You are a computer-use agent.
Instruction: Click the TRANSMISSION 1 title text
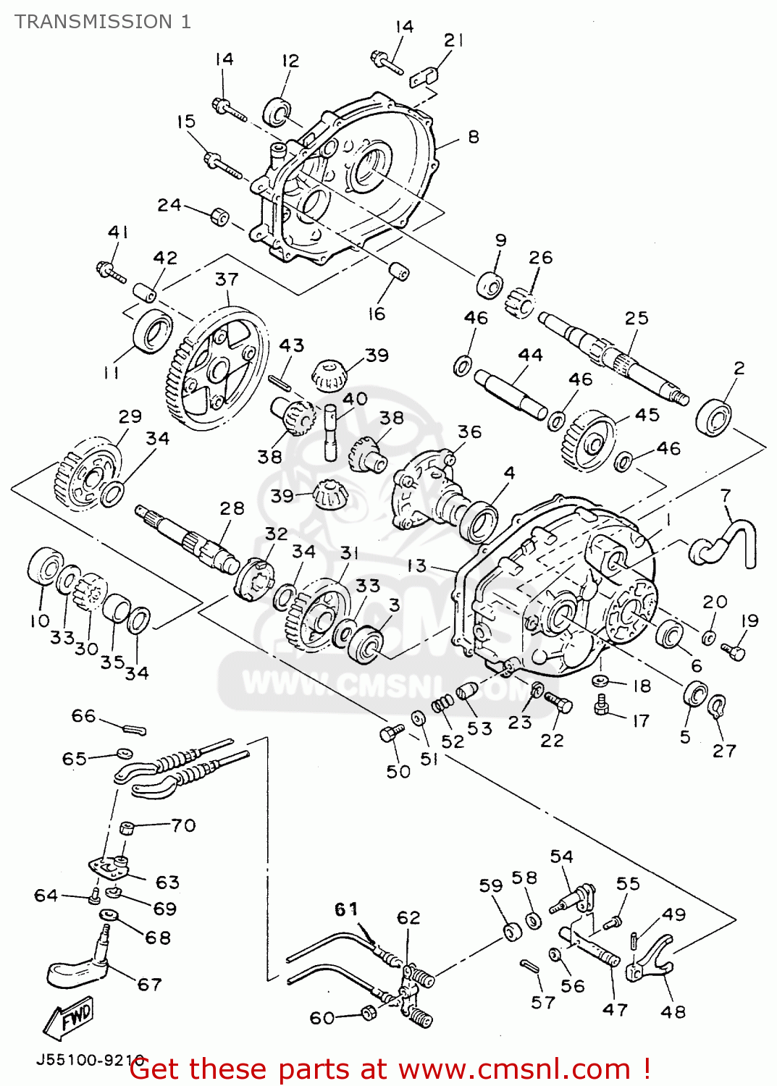pos(103,22)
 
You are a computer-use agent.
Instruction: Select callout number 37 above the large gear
pos(227,279)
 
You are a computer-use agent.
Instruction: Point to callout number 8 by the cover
pos(473,137)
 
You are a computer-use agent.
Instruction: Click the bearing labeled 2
pos(714,417)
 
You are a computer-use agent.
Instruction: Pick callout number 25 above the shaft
pos(637,319)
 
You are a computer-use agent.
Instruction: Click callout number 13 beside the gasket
pos(416,565)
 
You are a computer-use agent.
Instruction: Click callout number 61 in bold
pos(346,909)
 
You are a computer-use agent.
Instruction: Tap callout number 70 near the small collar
pos(183,825)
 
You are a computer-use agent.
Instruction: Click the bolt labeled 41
pos(110,272)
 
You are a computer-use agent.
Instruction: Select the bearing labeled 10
pos(44,567)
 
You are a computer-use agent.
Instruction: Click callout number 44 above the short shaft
pos(530,355)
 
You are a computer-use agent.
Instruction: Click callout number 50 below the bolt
pos(398,772)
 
